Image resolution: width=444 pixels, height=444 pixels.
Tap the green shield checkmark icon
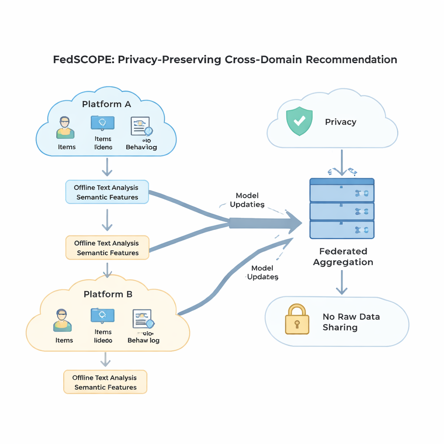pos(299,121)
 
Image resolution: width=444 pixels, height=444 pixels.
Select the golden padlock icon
pos(297,319)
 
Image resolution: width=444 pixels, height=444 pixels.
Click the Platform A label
pos(106,104)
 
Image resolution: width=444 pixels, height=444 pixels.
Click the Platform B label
pos(108,294)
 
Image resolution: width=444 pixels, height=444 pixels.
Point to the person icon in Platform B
pos(62,320)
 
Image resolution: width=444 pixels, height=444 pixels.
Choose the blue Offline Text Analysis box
pos(107,192)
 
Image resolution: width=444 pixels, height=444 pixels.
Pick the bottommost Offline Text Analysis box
pos(105,382)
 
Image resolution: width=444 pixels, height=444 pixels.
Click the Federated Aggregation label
pos(343,257)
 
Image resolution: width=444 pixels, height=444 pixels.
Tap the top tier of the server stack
pos(342,189)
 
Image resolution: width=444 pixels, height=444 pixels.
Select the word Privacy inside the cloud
pos(340,122)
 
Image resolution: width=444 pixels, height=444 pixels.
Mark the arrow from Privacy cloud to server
pos(342,163)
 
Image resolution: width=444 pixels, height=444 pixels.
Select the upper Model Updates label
pos(247,200)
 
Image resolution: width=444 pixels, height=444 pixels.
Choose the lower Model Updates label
pos(262,273)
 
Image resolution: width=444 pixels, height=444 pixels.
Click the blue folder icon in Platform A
pos(102,123)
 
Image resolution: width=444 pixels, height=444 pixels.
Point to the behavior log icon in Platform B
pos(143,320)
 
